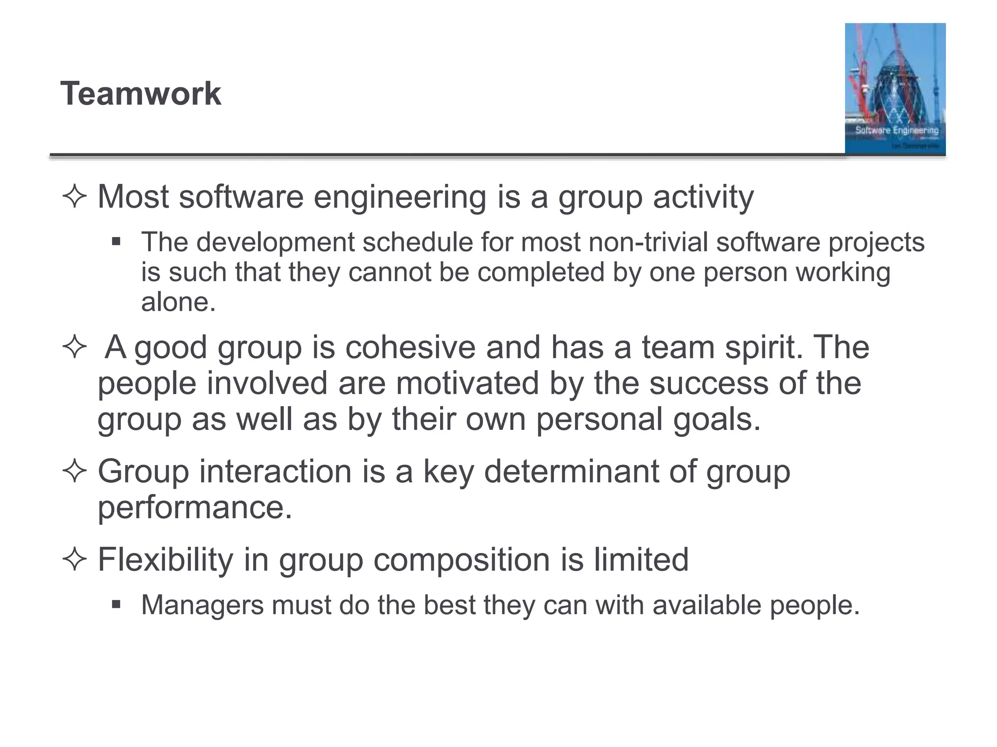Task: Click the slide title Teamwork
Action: click(141, 93)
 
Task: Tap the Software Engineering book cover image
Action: click(895, 89)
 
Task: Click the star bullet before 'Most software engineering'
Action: click(74, 197)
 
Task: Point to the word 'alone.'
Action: click(178, 302)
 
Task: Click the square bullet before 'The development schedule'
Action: click(116, 242)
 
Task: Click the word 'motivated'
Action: click(467, 383)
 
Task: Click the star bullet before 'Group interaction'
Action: click(74, 471)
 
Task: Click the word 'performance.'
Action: click(195, 507)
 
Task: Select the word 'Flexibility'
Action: click(166, 559)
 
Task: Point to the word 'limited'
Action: click(641, 559)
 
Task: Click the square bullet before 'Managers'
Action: click(116, 605)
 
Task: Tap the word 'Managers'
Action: click(202, 605)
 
